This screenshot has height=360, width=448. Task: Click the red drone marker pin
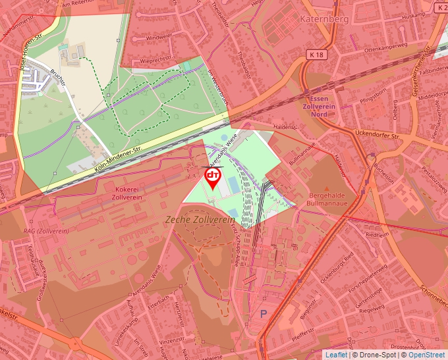point(213,178)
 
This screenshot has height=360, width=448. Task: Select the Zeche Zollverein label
point(201,219)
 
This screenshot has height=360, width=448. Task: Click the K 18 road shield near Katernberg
point(316,55)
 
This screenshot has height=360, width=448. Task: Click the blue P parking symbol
point(264,315)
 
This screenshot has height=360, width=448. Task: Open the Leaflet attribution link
point(336,355)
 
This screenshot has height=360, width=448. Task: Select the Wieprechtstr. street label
point(155,60)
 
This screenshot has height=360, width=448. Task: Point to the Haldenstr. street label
point(285,126)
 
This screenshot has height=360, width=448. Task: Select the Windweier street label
point(158,38)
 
